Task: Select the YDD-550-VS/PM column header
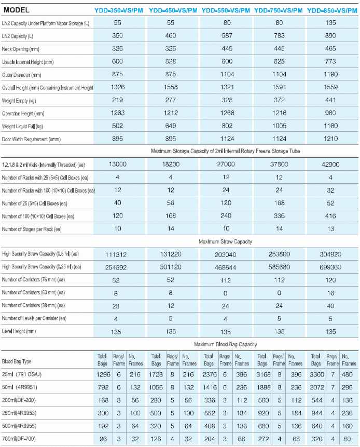click(226, 10)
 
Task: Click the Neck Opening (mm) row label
click(22, 49)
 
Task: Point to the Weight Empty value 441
click(330, 99)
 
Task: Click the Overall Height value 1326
click(118, 87)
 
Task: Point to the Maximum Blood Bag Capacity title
click(225, 344)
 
